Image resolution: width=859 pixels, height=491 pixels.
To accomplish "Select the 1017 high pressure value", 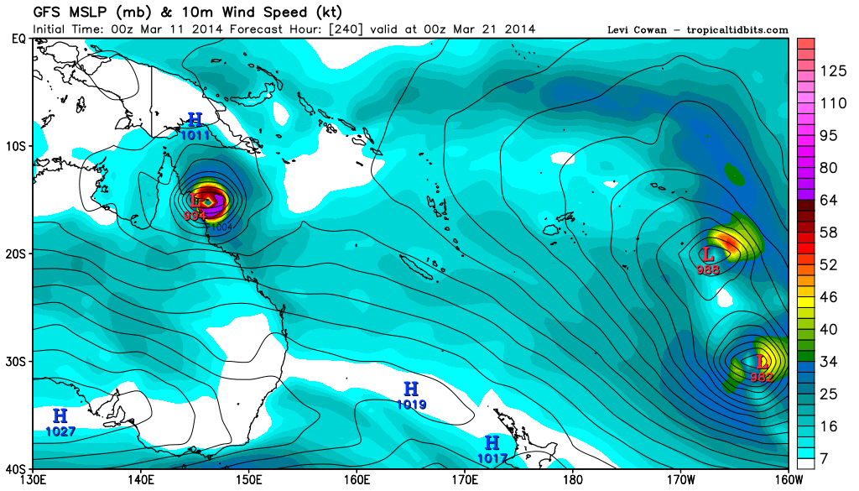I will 492,458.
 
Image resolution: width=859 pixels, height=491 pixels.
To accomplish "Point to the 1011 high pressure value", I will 195,134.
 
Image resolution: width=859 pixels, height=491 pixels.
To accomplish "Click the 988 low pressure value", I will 708,269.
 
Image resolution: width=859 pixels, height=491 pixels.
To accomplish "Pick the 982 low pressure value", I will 761,378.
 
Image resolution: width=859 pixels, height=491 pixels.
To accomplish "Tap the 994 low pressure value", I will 195,215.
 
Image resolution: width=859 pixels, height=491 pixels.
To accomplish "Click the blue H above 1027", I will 60,416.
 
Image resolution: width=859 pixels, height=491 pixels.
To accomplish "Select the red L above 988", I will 708,254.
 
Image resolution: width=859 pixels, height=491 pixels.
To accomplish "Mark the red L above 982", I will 762,363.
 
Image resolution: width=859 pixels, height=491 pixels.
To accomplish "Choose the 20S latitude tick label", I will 17,253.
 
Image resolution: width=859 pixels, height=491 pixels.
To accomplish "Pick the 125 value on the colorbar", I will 831,71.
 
